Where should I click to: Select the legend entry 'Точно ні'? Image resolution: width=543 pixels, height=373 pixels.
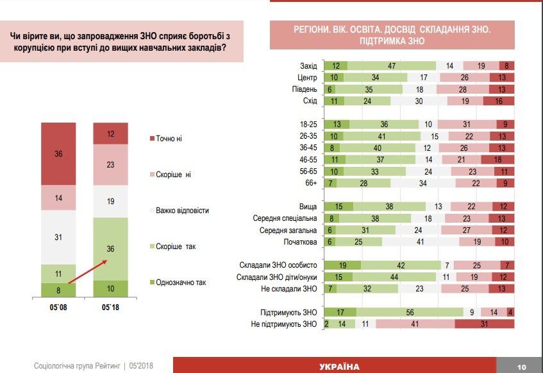[170, 139]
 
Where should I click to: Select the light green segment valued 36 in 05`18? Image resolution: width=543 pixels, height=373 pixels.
[110, 248]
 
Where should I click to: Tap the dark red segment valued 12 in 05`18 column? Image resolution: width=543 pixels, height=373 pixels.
[110, 134]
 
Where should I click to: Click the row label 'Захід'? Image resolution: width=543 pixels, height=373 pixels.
[309, 65]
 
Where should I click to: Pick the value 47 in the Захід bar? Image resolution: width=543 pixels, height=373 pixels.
[391, 65]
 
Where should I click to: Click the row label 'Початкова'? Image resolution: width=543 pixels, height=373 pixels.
[301, 241]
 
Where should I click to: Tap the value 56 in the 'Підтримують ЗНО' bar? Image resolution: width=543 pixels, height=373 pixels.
[409, 313]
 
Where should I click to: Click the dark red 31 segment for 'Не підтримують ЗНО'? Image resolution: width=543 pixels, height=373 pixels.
[484, 324]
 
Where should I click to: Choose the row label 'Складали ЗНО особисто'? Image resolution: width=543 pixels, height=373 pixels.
[280, 265]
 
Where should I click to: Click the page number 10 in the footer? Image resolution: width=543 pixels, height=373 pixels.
[521, 367]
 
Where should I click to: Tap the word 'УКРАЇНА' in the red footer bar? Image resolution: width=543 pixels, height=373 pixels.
[339, 367]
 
